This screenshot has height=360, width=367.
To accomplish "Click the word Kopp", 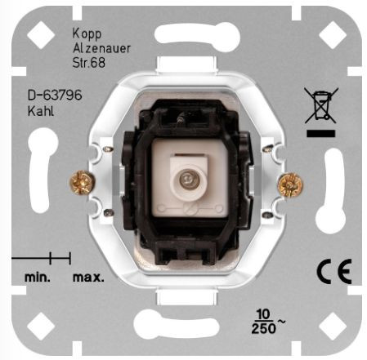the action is [x=87, y=34].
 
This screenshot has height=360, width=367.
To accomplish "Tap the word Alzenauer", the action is [x=101, y=48].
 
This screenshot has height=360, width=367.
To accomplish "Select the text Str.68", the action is [x=88, y=63].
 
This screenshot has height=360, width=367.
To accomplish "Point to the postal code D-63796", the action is [x=55, y=96].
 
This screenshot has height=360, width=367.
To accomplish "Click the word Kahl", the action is [x=41, y=111].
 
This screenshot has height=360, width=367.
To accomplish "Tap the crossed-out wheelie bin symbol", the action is [x=321, y=105].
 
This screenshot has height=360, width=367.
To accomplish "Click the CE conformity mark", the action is [x=334, y=272].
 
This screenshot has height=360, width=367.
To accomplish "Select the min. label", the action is [x=38, y=278].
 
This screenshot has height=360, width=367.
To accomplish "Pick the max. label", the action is [x=88, y=278].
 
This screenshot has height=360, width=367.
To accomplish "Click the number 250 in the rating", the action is [x=264, y=328].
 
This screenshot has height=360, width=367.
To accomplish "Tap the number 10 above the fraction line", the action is [x=263, y=314].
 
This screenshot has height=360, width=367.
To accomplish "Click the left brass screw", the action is [x=82, y=183].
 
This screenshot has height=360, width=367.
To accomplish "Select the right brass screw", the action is [x=290, y=185].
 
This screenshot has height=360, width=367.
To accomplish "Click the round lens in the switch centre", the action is [x=187, y=180].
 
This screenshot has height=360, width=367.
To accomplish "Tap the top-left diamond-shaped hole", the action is [x=41, y=35].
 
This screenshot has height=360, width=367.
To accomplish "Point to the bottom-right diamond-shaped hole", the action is [x=333, y=327].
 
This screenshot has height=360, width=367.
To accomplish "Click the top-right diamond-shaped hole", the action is [x=333, y=35].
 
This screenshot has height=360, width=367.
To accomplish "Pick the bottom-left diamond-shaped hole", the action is [x=41, y=327].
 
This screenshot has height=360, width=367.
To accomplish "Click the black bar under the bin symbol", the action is [x=320, y=133].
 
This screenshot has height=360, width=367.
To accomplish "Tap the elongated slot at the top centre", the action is [x=197, y=35].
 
